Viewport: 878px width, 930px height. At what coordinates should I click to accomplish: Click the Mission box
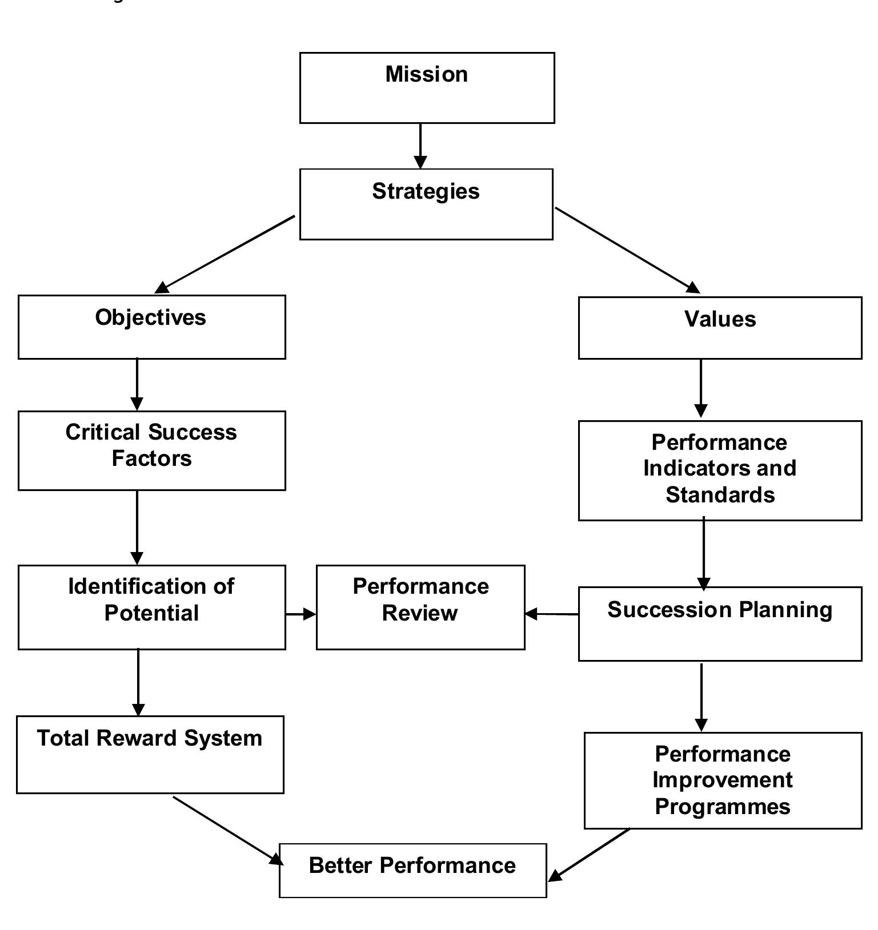pyautogui.click(x=427, y=88)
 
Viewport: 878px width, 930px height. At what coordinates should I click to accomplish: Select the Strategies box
pyautogui.click(x=426, y=204)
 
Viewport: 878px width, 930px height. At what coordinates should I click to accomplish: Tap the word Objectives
pyautogui.click(x=151, y=317)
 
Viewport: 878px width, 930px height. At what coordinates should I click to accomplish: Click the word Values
pyautogui.click(x=720, y=319)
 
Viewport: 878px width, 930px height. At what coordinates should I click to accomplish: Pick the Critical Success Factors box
pyautogui.click(x=151, y=450)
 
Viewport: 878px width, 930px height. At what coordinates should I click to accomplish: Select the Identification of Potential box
pyautogui.click(x=151, y=607)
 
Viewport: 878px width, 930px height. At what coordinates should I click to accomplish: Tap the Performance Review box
pyautogui.click(x=420, y=607)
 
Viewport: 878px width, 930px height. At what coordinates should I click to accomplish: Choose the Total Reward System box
pyautogui.click(x=150, y=754)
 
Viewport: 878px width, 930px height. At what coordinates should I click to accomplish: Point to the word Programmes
pyautogui.click(x=723, y=807)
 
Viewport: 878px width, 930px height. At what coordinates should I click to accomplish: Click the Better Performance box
pyautogui.click(x=412, y=871)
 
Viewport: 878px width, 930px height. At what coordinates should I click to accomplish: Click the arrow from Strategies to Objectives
pyautogui.click(x=226, y=253)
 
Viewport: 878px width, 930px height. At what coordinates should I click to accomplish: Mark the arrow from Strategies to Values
pyautogui.click(x=627, y=250)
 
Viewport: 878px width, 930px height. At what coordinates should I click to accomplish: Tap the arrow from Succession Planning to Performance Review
pyautogui.click(x=551, y=614)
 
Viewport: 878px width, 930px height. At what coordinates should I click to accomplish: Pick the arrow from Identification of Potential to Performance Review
pyautogui.click(x=300, y=614)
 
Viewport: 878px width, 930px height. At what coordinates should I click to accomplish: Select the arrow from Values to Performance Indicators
pyautogui.click(x=701, y=389)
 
